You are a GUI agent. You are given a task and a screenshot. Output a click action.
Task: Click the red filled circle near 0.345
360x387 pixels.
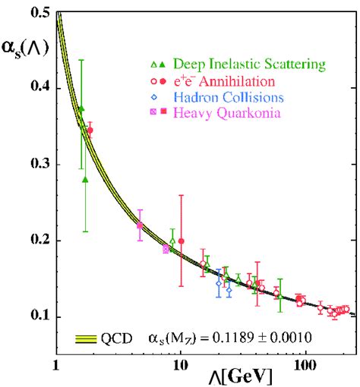coord(90,131)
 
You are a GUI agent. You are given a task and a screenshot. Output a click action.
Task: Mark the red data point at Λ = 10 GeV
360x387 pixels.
coord(181,241)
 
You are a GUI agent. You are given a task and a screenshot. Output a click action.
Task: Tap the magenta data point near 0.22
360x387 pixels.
coord(140,225)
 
